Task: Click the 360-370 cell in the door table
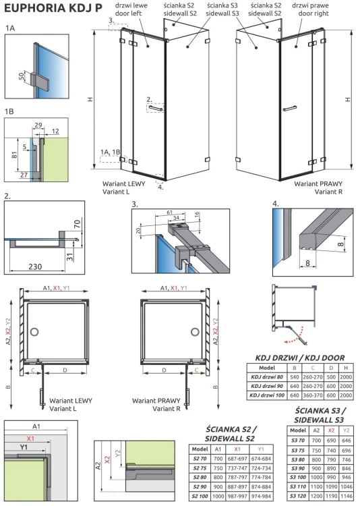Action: point(314,395)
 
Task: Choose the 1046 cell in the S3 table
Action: point(346,486)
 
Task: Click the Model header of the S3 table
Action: point(297,430)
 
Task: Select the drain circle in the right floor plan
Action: point(195,333)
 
